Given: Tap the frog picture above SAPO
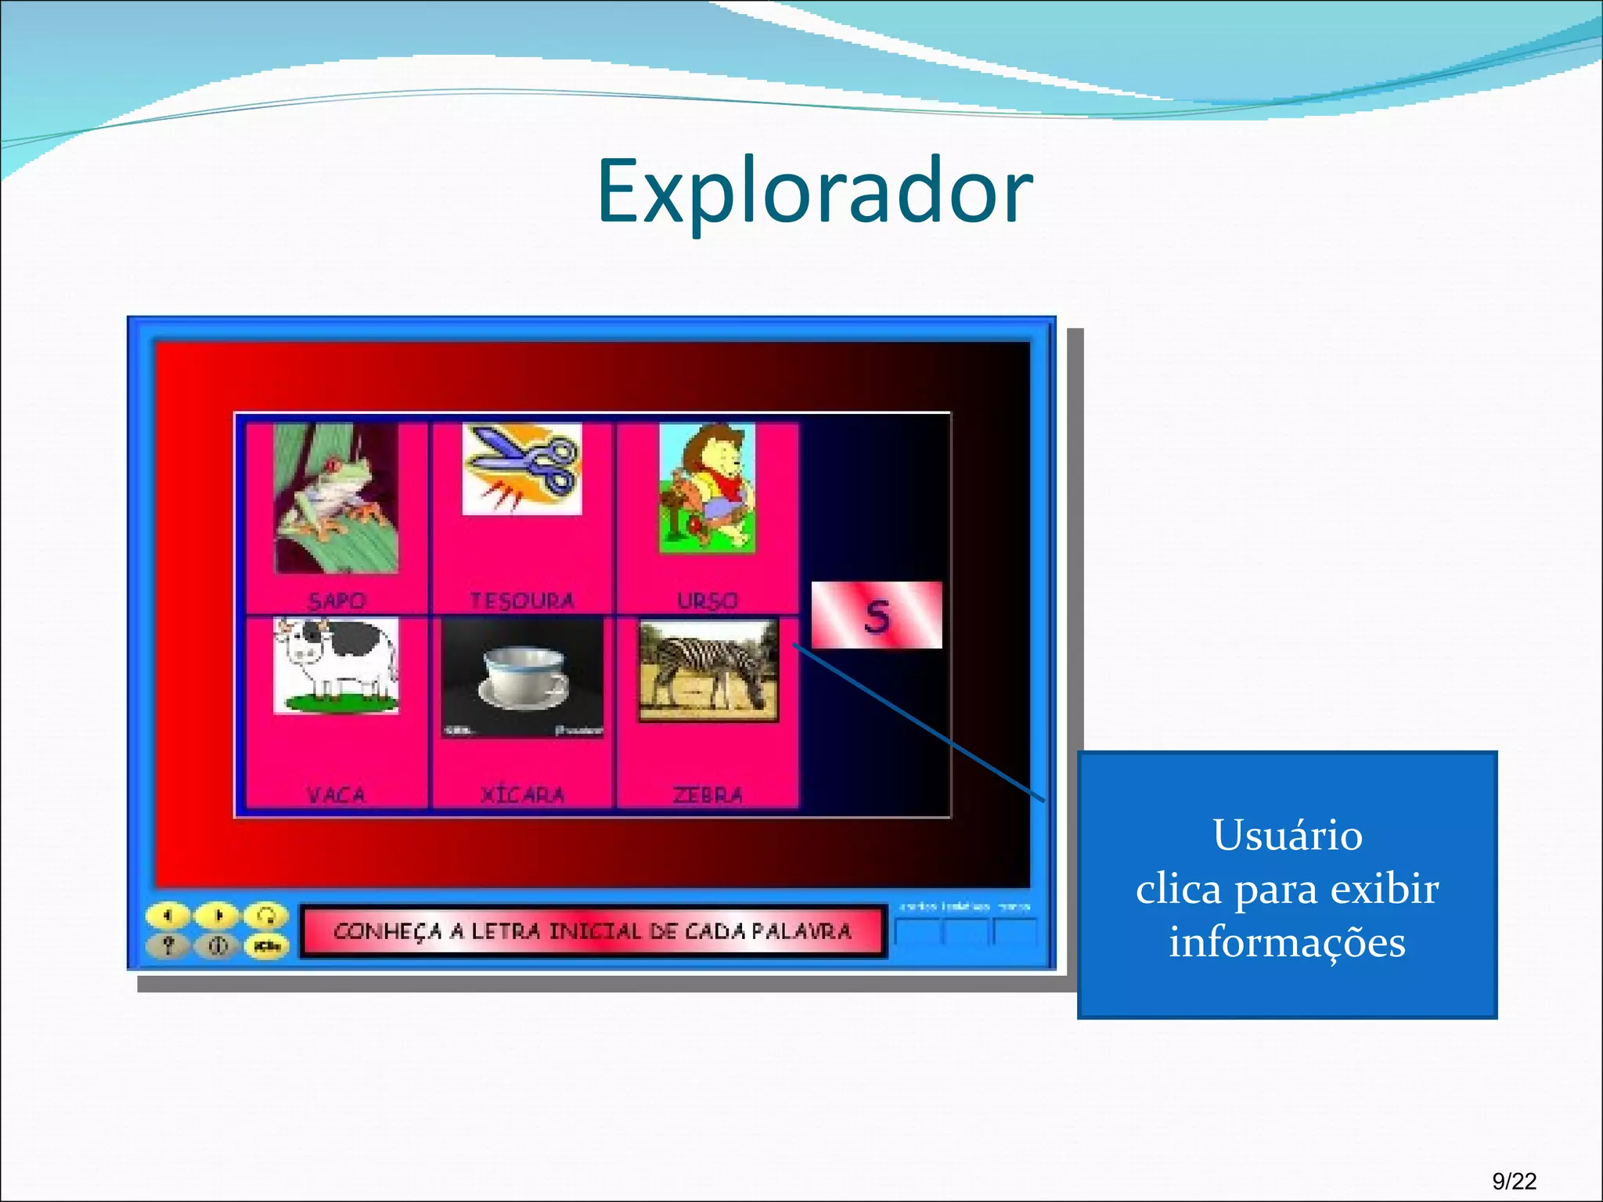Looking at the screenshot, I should (x=336, y=498).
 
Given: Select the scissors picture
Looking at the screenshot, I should (x=522, y=469).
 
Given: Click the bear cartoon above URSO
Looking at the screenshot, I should (x=708, y=488).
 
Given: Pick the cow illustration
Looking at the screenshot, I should (x=336, y=665).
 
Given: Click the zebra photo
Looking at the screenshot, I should (x=708, y=670).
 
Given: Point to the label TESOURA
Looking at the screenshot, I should (x=522, y=601).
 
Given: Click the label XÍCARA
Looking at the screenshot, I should (x=522, y=795).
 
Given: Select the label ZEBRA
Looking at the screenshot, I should (x=708, y=795).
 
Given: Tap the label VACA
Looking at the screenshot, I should (x=336, y=795).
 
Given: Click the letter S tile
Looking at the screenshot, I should (x=877, y=615).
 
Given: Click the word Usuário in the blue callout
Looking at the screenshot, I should (x=1288, y=836).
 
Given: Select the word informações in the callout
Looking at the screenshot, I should (x=1288, y=941).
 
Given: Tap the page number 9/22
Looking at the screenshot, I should (x=1514, y=1181).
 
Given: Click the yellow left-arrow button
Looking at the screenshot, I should (x=168, y=915).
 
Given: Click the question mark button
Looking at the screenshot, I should (x=168, y=946).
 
